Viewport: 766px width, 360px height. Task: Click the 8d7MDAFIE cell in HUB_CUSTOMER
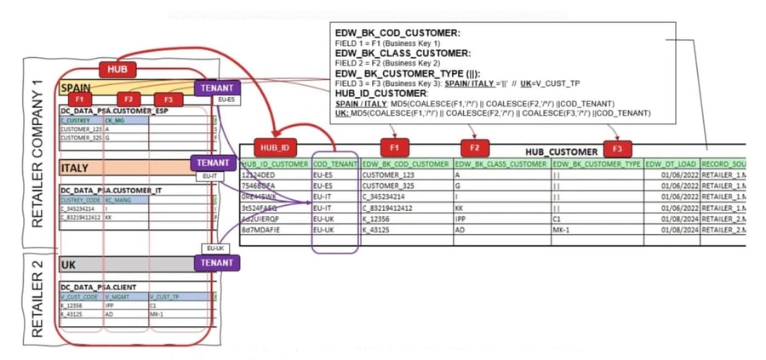tap(265, 230)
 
